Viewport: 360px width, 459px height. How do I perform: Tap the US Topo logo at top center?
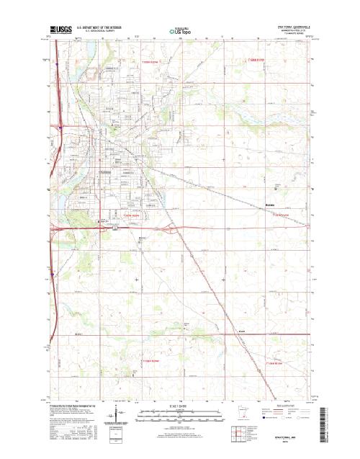click(x=180, y=32)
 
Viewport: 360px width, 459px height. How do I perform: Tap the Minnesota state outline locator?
click(x=246, y=415)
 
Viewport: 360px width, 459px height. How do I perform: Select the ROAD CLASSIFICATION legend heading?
click(x=291, y=407)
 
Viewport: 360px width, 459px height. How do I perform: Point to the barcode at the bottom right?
click(x=322, y=422)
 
